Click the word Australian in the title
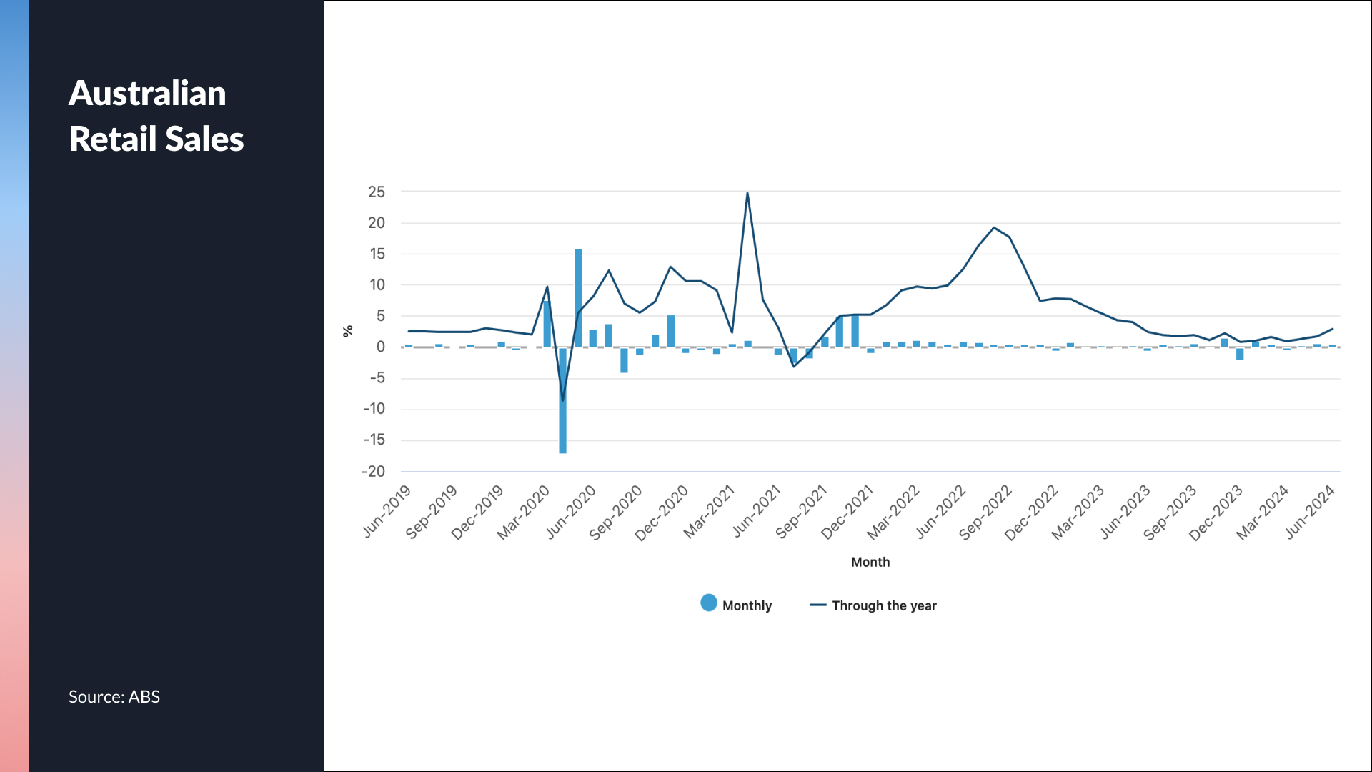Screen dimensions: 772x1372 147,94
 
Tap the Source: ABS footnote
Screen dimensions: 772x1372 114,697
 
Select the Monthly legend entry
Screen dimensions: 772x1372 737,605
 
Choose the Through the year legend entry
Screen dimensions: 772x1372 873,605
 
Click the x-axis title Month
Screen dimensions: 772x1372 870,562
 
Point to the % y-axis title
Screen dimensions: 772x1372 348,331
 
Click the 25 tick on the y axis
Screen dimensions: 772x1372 377,192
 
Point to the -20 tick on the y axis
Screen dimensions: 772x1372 374,471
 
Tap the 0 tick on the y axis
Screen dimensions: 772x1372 381,347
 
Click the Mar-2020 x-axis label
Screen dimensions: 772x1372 525,512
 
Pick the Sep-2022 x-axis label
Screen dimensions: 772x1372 986,512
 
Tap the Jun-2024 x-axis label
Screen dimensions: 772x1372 1311,512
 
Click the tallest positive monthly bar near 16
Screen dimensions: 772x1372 578,297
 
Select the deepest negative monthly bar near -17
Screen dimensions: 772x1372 563,400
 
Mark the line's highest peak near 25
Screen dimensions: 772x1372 747,193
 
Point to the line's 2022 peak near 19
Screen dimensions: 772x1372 994,228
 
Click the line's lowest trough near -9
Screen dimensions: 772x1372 563,400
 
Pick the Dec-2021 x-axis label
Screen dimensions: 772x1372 848,512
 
